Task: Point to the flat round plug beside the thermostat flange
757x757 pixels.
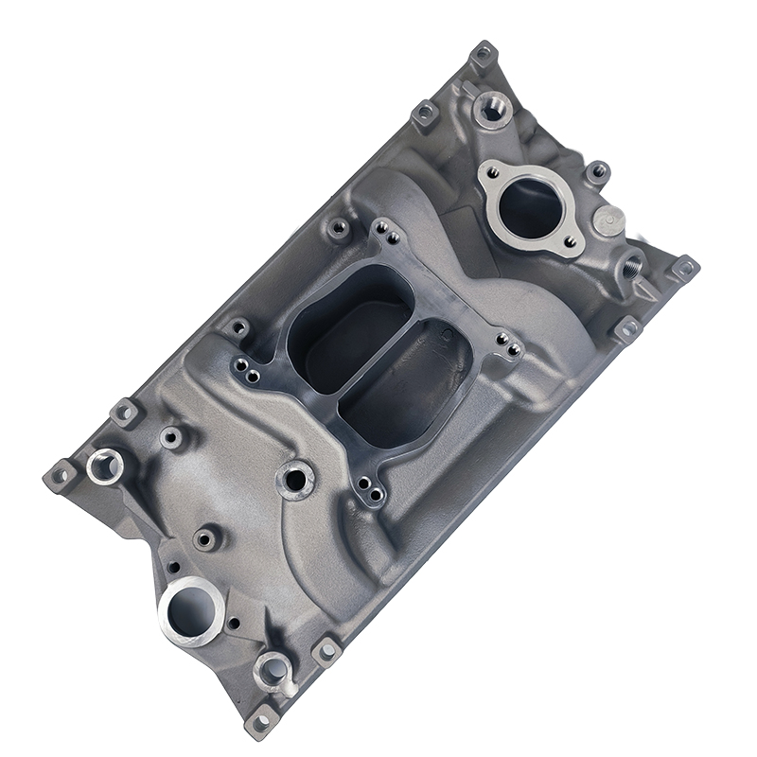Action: tap(608, 220)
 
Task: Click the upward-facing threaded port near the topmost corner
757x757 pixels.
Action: tap(490, 110)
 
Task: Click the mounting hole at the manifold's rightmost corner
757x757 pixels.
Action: tap(683, 269)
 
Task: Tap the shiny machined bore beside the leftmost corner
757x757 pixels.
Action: tap(104, 466)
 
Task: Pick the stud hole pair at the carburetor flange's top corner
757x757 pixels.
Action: tap(384, 230)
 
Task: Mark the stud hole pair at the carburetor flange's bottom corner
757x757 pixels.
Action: tap(371, 491)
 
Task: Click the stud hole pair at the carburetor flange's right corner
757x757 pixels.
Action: tap(509, 347)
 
